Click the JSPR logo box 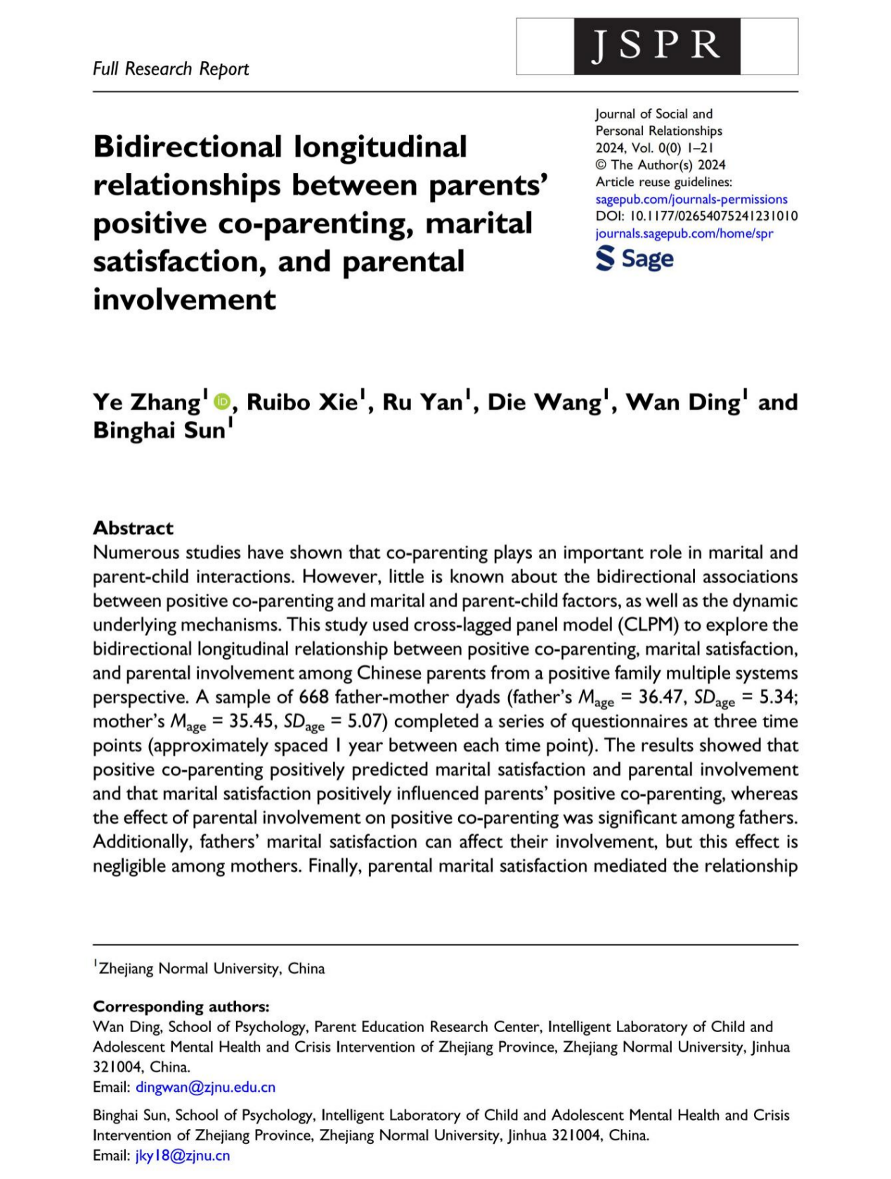coord(656,46)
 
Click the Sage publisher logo coord(635,259)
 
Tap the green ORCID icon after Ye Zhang coord(222,401)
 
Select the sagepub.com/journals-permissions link coord(691,199)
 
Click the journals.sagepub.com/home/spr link coord(684,233)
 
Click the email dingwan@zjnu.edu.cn coord(205,1087)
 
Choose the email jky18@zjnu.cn coord(183,1155)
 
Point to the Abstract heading coord(133,528)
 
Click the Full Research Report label coord(171,69)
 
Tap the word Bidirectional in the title coord(188,147)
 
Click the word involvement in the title coord(184,299)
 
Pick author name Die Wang coord(545,402)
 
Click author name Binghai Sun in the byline coord(160,430)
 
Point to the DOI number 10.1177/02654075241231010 coord(713,216)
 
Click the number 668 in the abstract coord(313,697)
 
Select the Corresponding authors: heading coord(181,1006)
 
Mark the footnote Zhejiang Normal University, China coord(212,968)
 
